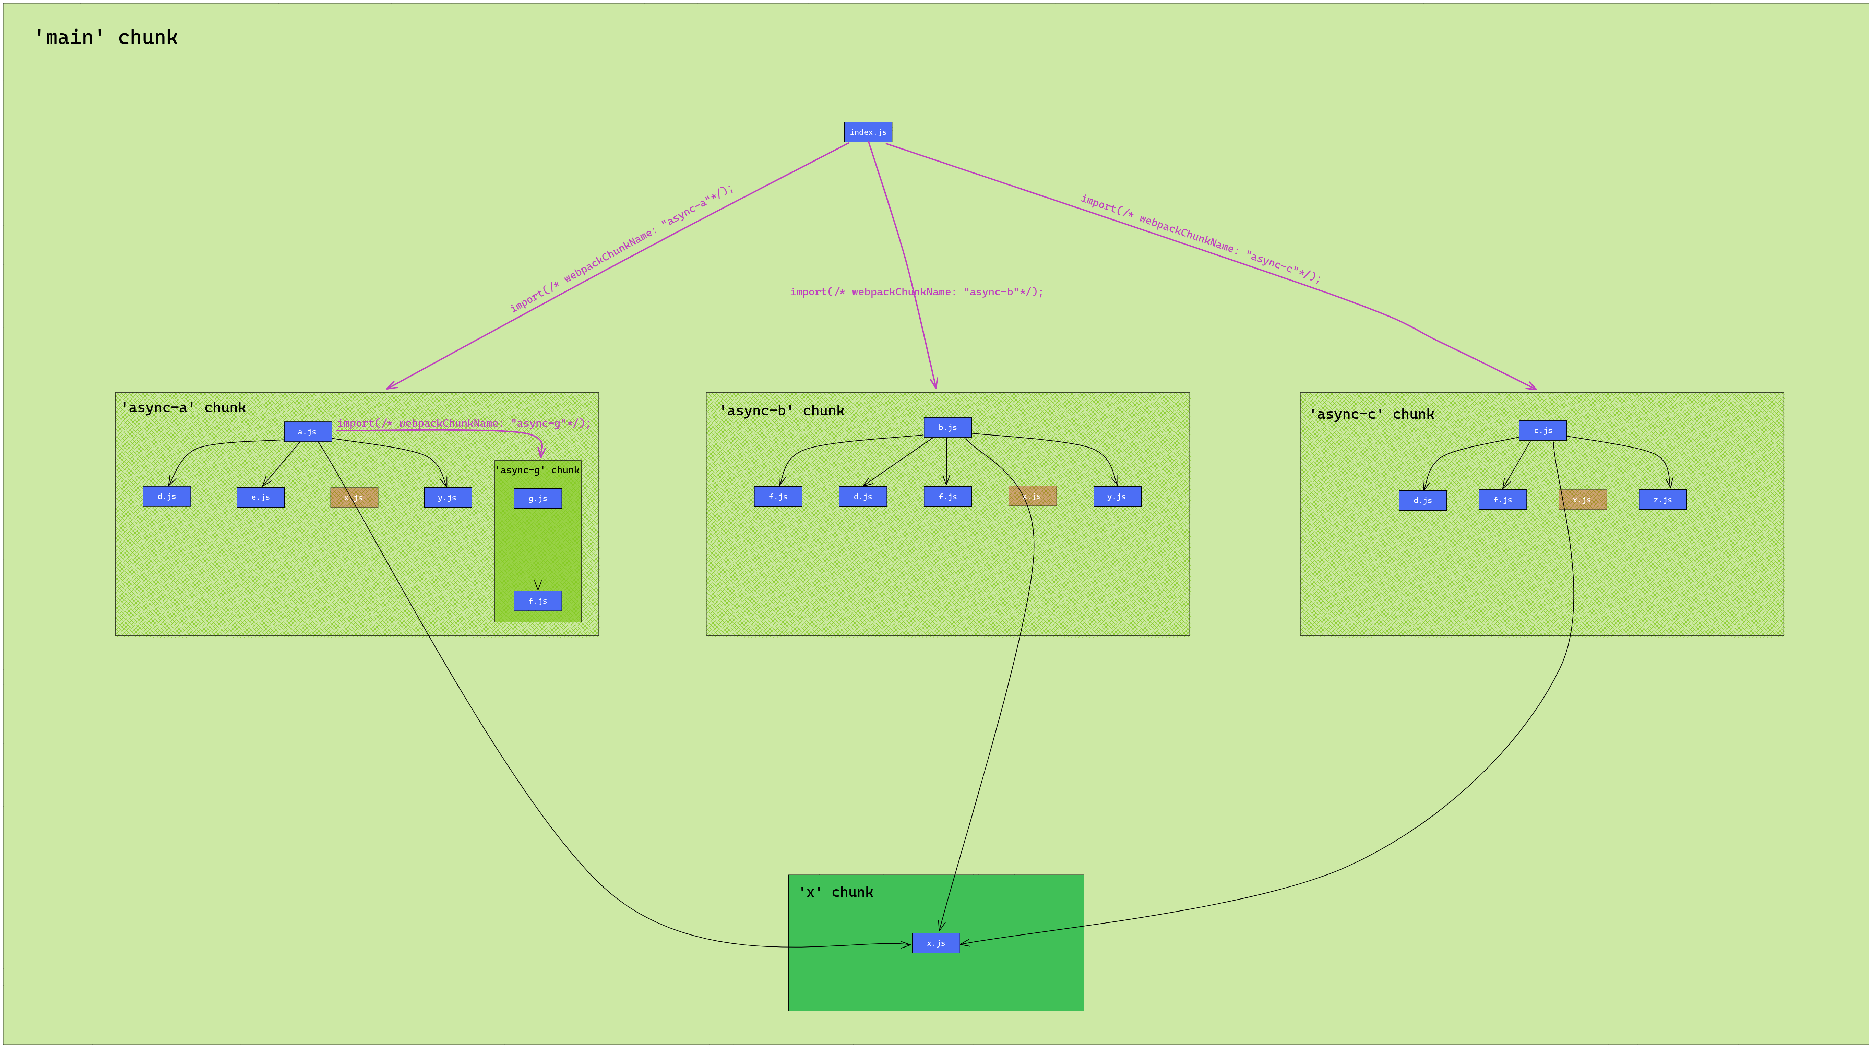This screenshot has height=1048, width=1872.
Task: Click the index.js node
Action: (868, 132)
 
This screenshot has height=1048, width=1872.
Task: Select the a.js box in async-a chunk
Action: (307, 432)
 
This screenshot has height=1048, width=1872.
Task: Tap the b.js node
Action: (947, 427)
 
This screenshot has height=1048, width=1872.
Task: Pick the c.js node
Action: (1542, 430)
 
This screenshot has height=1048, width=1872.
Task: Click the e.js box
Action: (260, 497)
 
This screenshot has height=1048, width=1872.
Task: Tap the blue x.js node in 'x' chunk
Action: (935, 943)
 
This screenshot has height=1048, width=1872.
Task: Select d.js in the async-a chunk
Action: (166, 496)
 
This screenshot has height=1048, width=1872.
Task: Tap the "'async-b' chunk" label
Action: (781, 410)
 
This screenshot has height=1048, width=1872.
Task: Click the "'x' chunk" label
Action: (836, 892)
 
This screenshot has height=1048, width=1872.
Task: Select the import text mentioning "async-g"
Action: (464, 423)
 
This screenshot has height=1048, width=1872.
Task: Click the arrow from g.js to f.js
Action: (538, 549)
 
